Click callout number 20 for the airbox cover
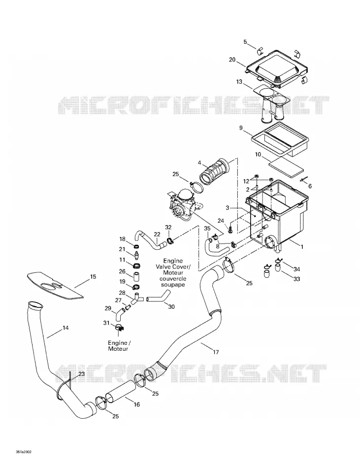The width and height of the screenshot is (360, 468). pos(232,60)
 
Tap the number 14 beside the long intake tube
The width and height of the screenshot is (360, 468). pos(65,328)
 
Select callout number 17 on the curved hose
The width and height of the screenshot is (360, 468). pos(216,352)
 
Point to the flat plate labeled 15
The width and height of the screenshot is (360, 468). pos(56,286)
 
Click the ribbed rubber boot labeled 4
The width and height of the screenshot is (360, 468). pos(216,171)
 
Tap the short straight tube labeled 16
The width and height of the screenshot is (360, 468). pos(121,391)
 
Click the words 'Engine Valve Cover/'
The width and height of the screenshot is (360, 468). pos(173,264)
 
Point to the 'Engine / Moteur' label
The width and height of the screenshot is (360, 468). pos(118,346)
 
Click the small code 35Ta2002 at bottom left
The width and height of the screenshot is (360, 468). pos(24,452)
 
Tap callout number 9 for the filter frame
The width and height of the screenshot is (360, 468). pos(241,128)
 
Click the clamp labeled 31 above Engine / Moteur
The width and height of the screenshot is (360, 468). pos(119,328)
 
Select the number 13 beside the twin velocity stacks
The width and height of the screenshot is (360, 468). pos(239,81)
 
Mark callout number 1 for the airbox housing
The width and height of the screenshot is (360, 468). pos(302,247)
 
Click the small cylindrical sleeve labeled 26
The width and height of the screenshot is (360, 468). pos(136,277)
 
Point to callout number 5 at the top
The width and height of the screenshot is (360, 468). pos(245,42)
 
